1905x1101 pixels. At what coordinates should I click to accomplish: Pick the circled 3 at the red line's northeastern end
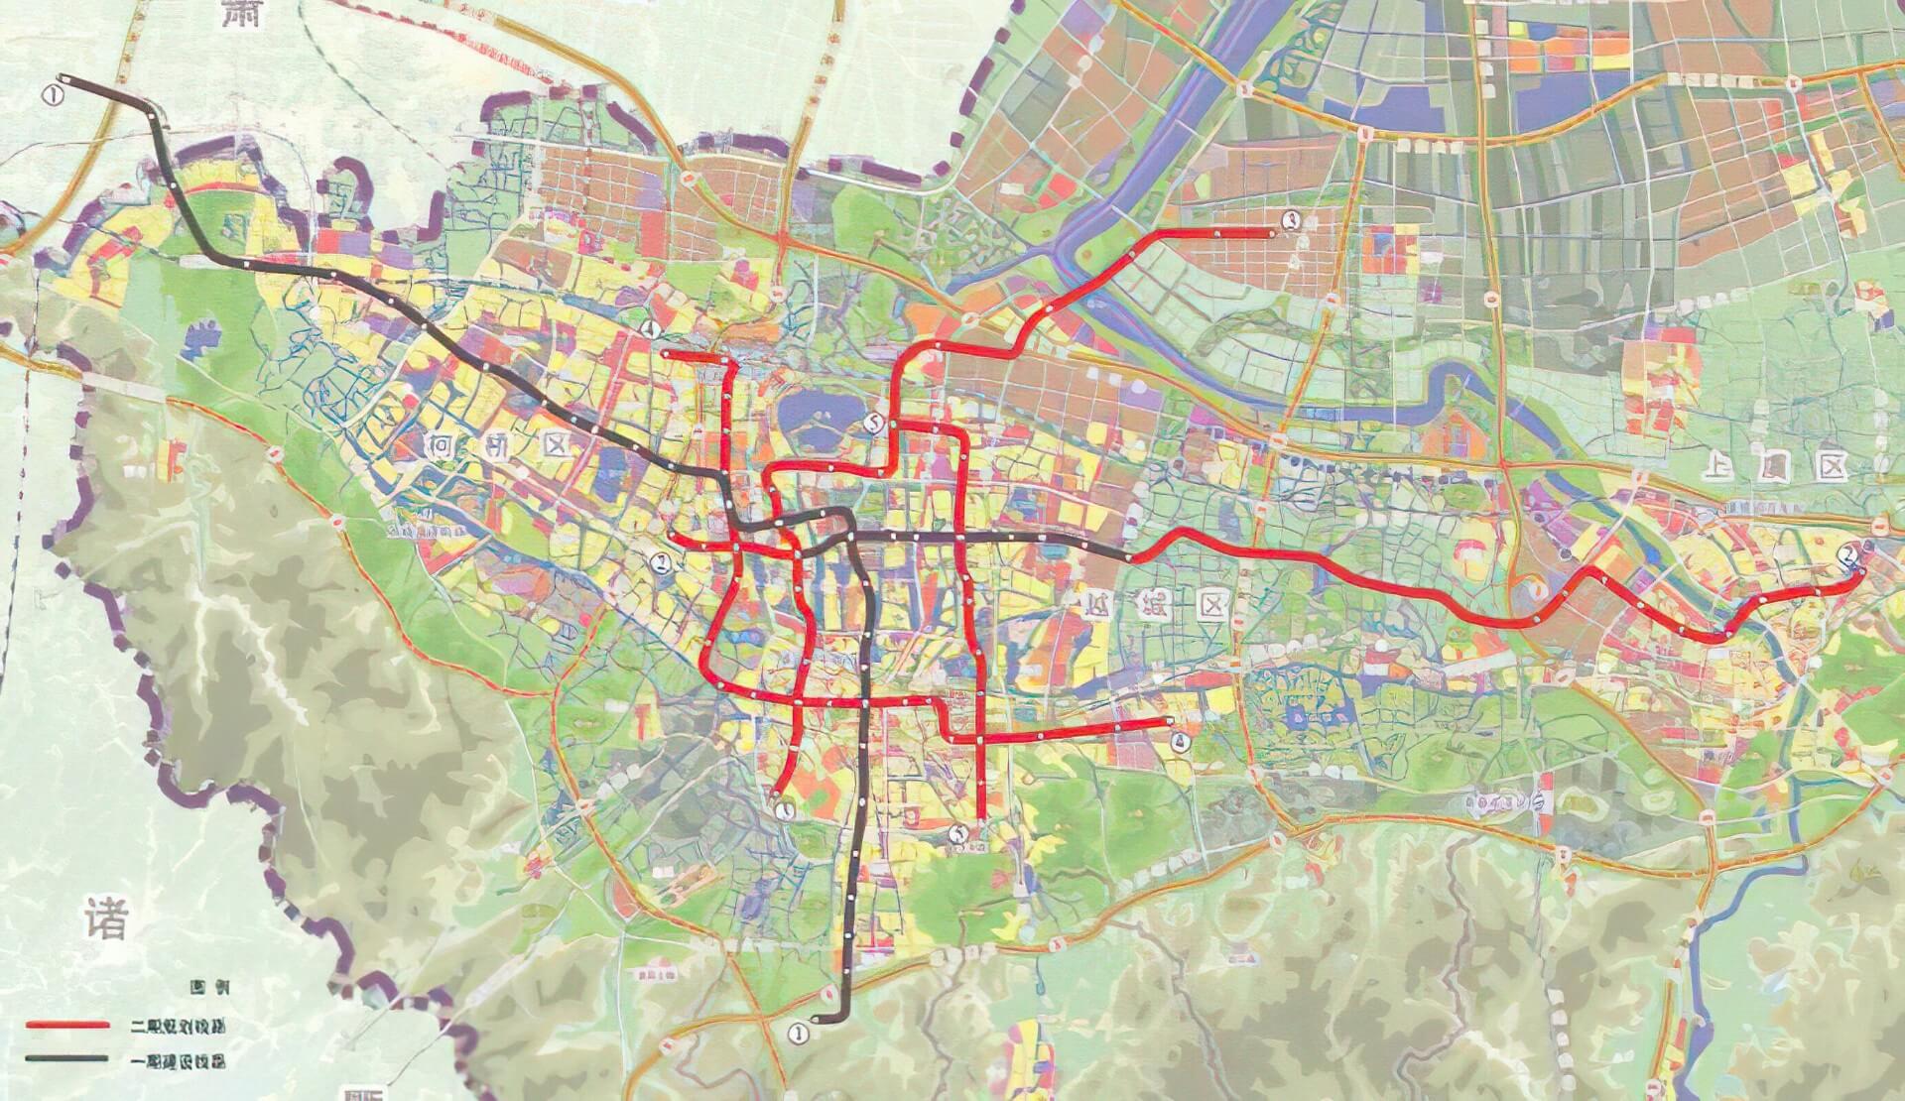(x=1289, y=221)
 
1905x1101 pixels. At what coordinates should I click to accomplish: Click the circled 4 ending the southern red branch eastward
(x=1179, y=739)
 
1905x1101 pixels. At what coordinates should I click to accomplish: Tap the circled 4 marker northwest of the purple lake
(x=651, y=328)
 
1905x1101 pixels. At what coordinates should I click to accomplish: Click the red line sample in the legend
(x=67, y=1025)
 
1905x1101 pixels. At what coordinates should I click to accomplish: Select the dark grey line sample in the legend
(x=67, y=1058)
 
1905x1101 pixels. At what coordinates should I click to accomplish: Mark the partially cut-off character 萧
(x=246, y=14)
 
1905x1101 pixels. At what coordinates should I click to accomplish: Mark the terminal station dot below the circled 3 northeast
(x=1272, y=234)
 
